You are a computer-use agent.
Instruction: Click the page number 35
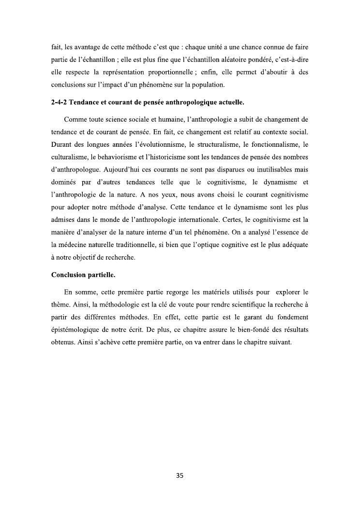[180, 476]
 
